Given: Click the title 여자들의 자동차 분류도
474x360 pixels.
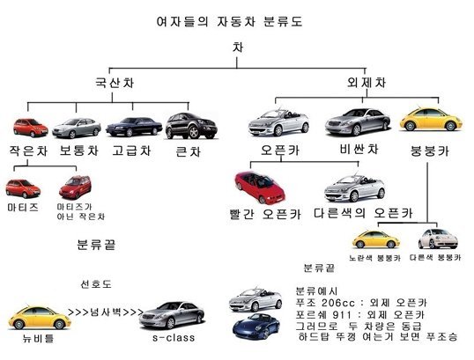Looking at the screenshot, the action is [229, 22].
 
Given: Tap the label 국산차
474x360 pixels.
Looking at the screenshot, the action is [115, 83].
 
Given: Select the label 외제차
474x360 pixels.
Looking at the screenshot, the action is [367, 82].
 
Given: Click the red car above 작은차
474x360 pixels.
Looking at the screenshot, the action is [31, 128].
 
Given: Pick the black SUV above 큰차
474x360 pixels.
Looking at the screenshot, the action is [191, 126].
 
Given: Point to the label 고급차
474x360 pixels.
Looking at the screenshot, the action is [131, 151].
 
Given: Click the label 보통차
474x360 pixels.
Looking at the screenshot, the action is [79, 151].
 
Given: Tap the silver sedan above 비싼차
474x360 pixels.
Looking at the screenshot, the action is [358, 122].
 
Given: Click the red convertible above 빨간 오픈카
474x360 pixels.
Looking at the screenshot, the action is [260, 187].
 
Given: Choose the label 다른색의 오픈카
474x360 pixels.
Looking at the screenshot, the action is [363, 213].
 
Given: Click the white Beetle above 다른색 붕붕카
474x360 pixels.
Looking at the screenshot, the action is [438, 239].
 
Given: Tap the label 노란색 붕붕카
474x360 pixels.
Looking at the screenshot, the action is [374, 258].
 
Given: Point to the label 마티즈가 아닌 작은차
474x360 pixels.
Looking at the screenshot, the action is [81, 211].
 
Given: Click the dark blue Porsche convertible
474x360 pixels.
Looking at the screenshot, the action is [256, 327].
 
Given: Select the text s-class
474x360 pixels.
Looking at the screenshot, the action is [174, 337].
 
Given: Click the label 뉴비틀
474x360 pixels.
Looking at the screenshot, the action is [39, 338].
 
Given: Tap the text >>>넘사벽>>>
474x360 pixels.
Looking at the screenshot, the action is [106, 312].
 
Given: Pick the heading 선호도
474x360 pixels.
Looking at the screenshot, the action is [96, 284].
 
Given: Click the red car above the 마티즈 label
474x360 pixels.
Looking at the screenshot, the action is [23, 188].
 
